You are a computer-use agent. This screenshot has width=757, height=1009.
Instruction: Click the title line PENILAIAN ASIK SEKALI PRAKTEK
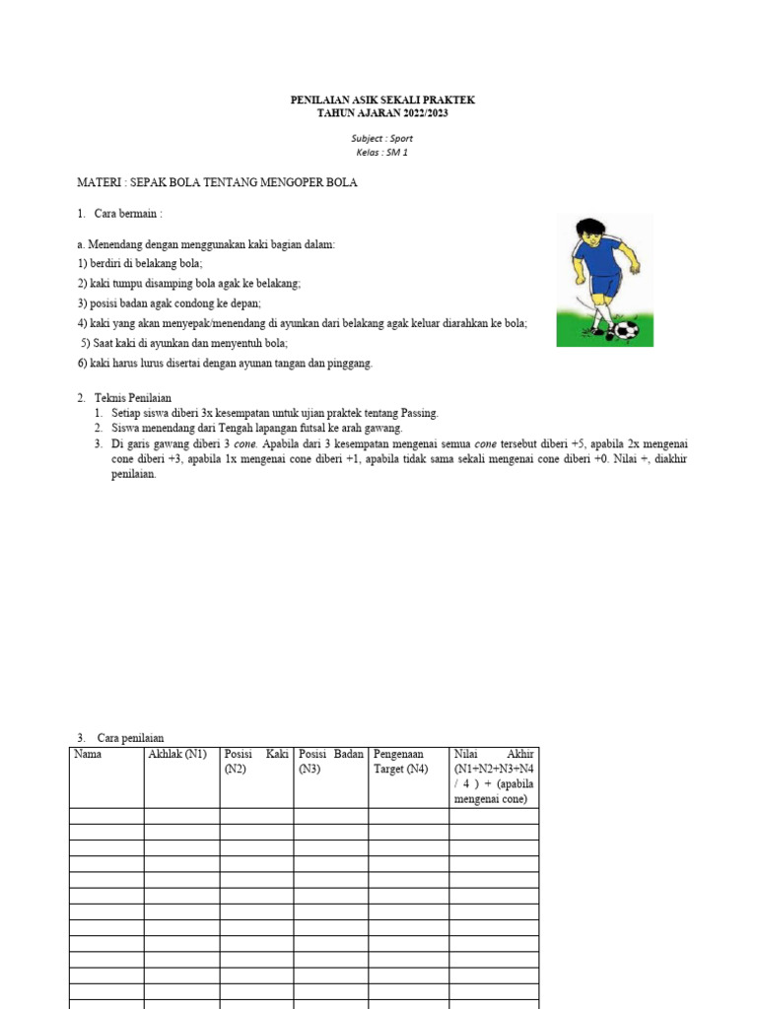click(x=382, y=100)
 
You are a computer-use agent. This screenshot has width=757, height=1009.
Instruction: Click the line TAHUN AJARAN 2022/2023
click(x=382, y=113)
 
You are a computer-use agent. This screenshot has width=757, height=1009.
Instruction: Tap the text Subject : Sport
click(x=382, y=139)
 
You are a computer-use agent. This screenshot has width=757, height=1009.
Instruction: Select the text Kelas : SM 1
click(x=382, y=153)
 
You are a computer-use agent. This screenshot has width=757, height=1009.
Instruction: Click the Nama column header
click(x=88, y=754)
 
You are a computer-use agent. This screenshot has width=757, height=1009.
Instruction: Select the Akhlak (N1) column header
click(x=177, y=754)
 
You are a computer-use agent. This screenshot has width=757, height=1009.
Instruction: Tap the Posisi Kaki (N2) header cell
click(x=256, y=761)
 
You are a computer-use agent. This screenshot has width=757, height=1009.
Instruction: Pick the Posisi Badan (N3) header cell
click(x=331, y=761)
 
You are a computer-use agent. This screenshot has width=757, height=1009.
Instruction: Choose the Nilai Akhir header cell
click(x=494, y=775)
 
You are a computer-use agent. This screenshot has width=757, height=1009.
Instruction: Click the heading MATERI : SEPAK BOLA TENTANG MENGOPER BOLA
click(x=217, y=183)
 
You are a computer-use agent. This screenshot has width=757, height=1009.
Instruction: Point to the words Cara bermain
click(x=127, y=214)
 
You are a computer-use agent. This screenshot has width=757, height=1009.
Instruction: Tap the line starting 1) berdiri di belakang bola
click(x=140, y=263)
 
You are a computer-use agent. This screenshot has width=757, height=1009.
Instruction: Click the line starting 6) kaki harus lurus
click(x=225, y=363)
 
